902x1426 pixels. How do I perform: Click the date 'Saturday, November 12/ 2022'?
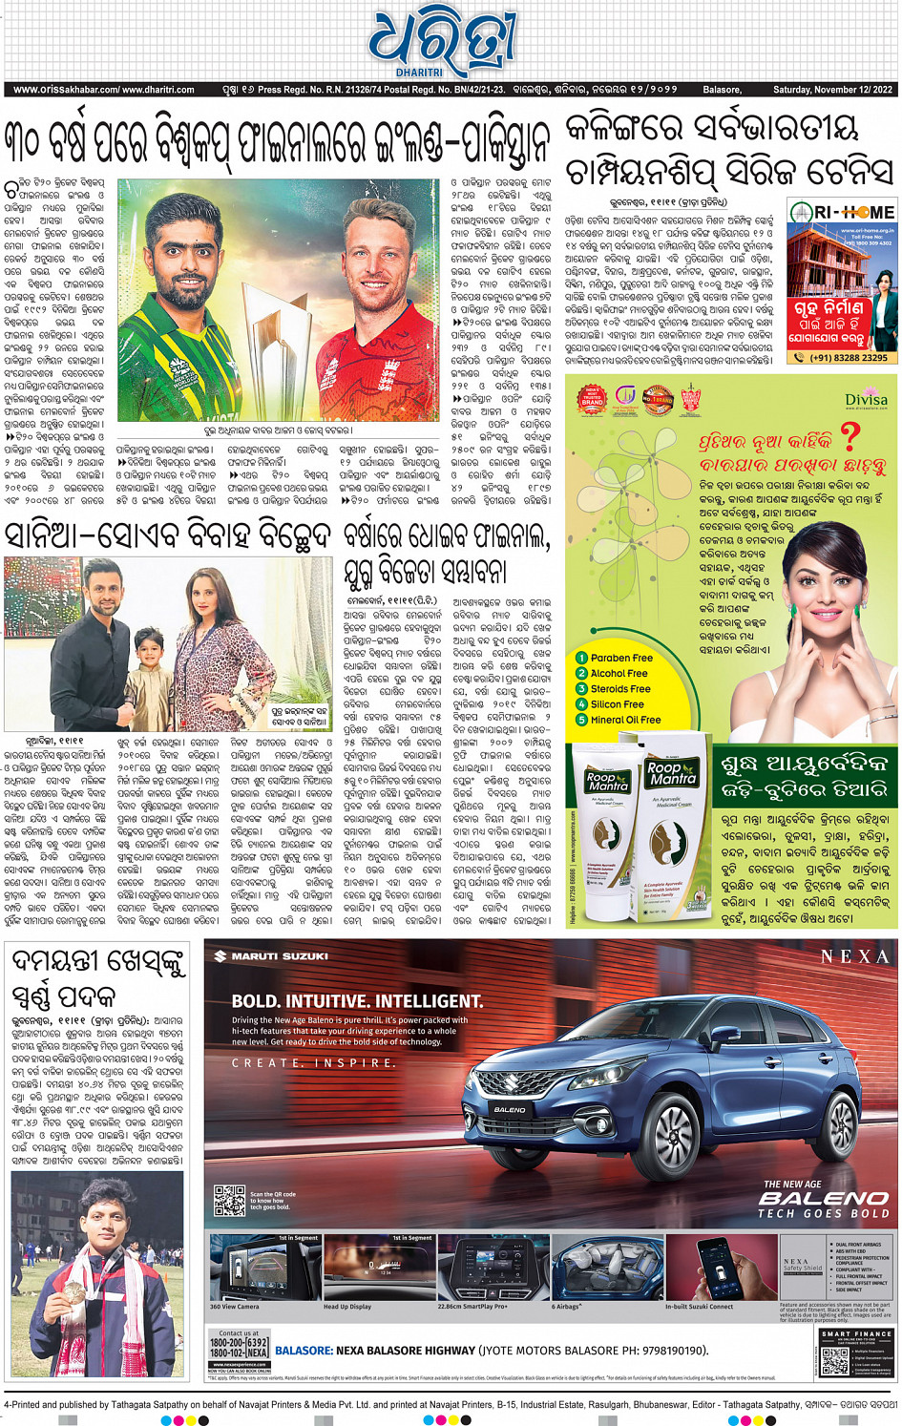(x=832, y=90)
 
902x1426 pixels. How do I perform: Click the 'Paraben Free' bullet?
(x=620, y=658)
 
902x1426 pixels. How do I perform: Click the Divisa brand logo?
(x=865, y=399)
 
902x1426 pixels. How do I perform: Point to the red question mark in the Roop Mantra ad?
(x=849, y=437)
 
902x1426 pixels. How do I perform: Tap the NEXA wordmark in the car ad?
(x=854, y=956)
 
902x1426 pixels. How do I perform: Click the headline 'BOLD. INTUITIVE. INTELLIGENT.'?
(x=357, y=1001)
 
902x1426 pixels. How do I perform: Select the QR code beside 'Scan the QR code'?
(x=230, y=1200)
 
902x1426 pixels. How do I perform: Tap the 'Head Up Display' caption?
(x=347, y=1307)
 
